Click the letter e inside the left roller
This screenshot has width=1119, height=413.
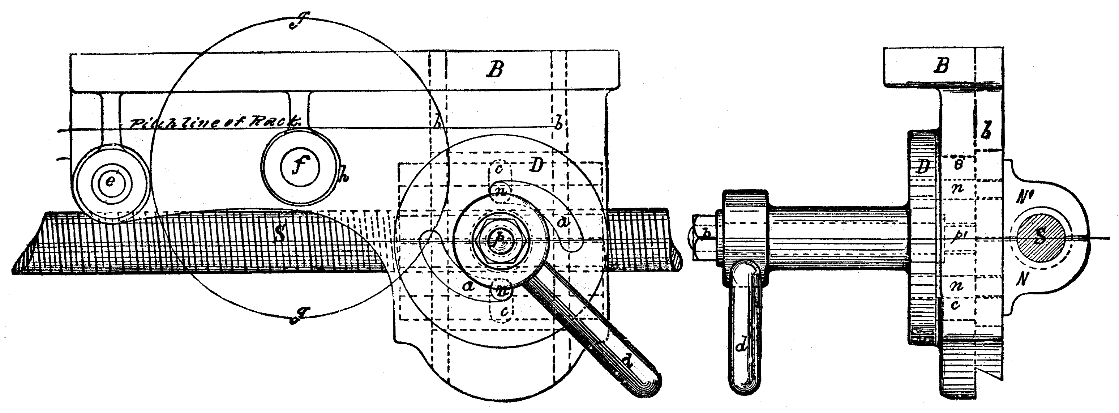point(110,182)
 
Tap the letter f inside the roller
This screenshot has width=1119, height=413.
point(299,166)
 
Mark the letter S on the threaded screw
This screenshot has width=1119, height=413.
point(280,234)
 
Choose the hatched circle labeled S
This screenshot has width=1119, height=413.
point(1039,239)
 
